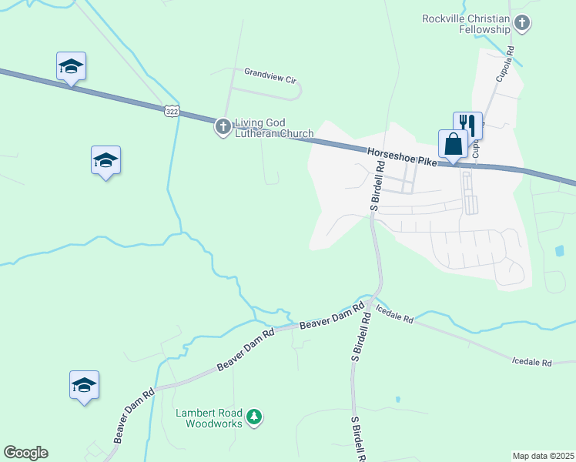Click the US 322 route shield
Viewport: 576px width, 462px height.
[x=172, y=111]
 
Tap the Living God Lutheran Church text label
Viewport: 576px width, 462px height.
[x=274, y=128]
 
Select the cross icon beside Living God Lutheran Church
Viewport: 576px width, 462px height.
[x=223, y=127]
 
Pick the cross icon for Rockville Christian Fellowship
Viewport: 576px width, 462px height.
[x=522, y=23]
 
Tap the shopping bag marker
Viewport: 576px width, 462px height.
[x=453, y=143]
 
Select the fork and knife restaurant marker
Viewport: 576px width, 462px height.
[x=467, y=125]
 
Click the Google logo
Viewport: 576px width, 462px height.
[x=25, y=453]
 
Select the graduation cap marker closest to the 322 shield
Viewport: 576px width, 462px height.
[x=105, y=160]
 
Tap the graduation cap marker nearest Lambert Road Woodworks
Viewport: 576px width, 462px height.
[x=84, y=385]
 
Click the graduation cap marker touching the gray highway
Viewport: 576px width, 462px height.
[x=71, y=66]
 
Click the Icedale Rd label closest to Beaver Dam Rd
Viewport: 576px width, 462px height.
[x=394, y=314]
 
